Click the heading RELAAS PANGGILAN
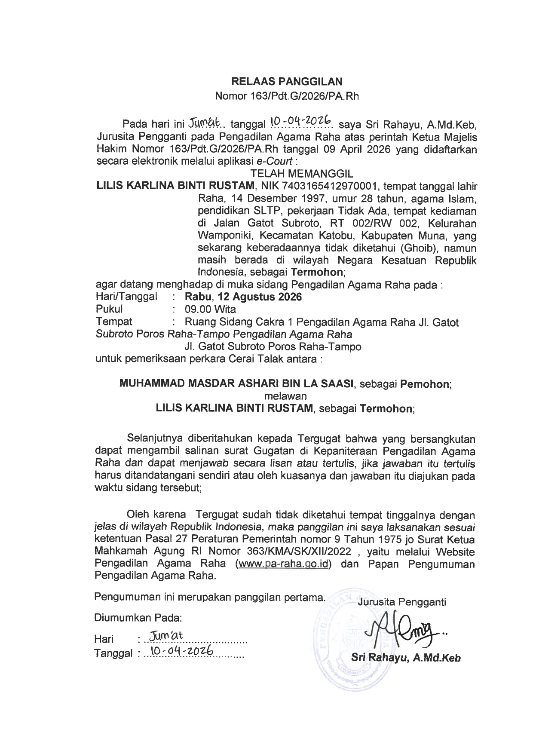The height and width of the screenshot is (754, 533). pos(287,81)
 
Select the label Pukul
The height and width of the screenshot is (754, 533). pos(110,309)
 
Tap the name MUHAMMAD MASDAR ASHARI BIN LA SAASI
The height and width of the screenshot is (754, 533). pos(236,384)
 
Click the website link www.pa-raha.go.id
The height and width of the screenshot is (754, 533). pos(283,564)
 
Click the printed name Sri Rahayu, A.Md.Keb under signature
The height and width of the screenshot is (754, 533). pos(406,658)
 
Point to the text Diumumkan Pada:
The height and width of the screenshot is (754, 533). pos(138,618)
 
